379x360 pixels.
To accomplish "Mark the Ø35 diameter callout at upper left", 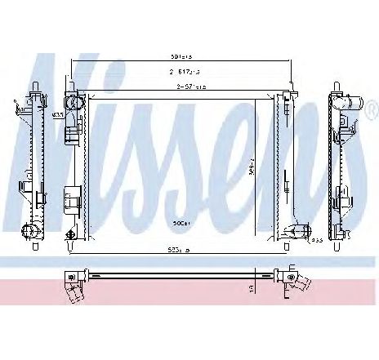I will click(58, 115).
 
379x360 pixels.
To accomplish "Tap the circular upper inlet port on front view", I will click(73, 104).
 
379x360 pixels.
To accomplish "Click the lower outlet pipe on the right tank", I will click(292, 233).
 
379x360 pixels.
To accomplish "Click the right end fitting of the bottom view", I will click(297, 281).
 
